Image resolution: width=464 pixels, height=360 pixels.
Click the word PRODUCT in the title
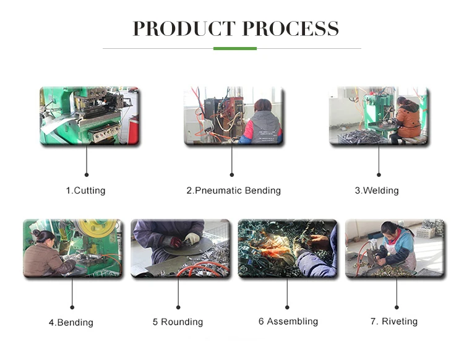click(184, 29)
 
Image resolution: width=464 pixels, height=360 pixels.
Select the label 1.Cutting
click(85, 191)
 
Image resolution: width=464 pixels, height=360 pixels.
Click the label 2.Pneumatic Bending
click(233, 191)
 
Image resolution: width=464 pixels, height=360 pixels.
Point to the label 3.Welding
click(376, 191)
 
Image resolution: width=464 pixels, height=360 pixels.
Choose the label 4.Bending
click(71, 322)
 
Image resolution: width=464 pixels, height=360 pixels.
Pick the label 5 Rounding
click(178, 322)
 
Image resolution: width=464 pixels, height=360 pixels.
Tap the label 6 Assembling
click(288, 321)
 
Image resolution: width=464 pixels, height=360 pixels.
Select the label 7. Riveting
click(393, 321)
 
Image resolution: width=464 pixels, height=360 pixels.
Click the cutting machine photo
click(89, 116)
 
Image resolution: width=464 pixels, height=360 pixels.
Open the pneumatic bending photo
click(233, 116)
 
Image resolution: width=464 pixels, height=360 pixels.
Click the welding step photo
click(378, 116)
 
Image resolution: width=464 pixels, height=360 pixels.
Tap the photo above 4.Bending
click(72, 248)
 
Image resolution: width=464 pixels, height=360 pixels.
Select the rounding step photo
click(179, 248)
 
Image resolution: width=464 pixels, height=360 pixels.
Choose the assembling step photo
click(287, 248)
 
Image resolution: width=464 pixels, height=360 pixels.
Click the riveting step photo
click(395, 248)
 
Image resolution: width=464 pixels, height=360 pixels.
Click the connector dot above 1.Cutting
click(86, 174)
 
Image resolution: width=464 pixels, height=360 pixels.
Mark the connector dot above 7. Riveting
click(396, 306)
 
